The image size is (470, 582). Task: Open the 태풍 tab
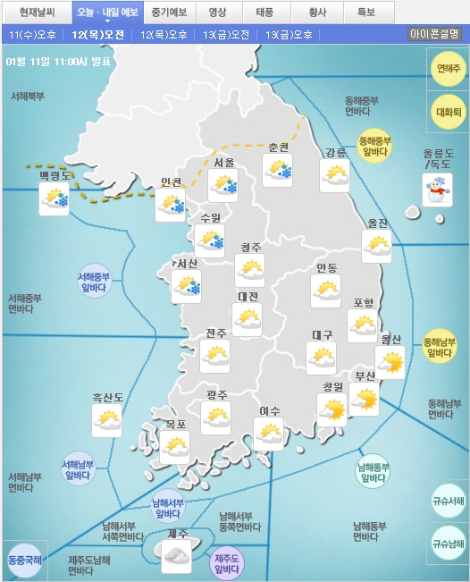click(265, 13)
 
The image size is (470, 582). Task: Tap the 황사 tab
click(316, 13)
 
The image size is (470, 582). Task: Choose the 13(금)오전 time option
click(226, 35)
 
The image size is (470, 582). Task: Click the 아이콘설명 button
click(434, 34)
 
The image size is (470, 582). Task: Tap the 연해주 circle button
click(447, 68)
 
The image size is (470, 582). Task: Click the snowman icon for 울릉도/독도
click(437, 189)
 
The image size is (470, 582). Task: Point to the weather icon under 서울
click(222, 186)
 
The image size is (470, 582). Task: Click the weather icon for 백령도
click(55, 198)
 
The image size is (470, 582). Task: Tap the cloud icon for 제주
click(176, 556)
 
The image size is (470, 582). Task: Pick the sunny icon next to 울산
click(390, 362)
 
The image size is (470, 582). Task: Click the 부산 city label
click(365, 376)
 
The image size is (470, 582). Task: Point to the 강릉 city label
click(335, 152)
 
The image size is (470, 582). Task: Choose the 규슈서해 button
click(447, 501)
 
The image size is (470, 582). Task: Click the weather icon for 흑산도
click(107, 418)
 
